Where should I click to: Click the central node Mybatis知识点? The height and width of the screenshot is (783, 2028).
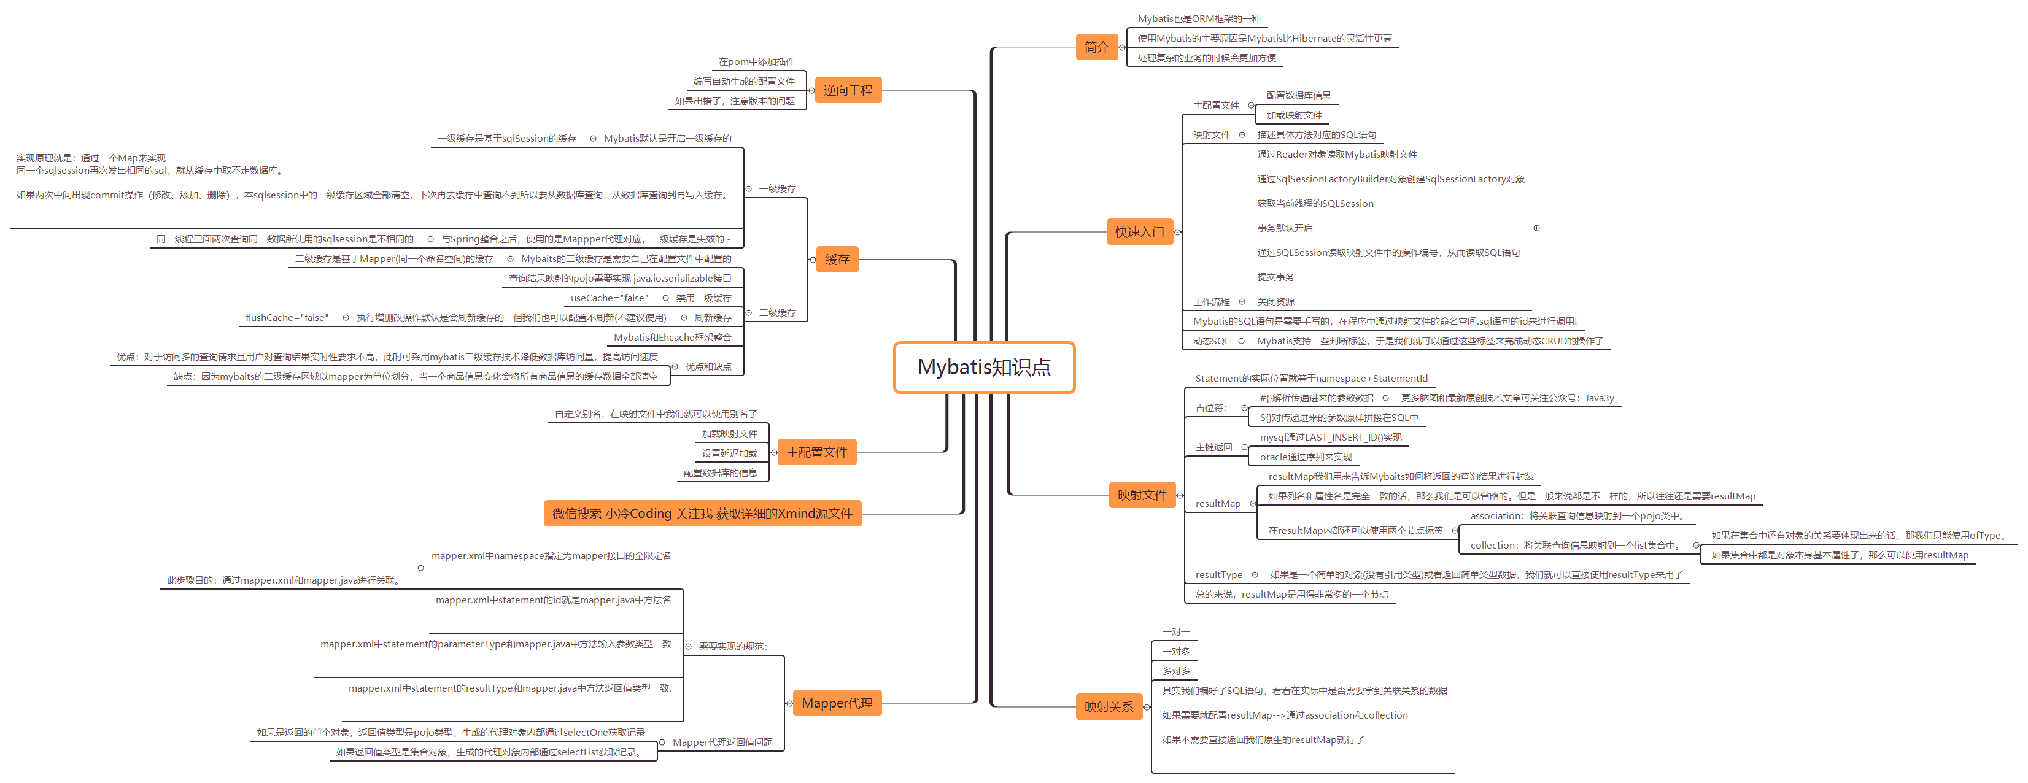tap(983, 368)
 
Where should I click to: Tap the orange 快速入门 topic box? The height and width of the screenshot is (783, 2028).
tap(1139, 232)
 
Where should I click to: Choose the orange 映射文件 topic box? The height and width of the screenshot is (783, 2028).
tap(1142, 495)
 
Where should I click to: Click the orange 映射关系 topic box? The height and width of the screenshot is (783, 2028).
tap(1109, 707)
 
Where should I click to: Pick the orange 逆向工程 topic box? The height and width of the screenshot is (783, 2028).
tap(847, 90)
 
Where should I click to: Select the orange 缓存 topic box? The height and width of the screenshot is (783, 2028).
tap(836, 260)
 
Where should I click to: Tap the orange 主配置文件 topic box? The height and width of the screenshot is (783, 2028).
tap(816, 452)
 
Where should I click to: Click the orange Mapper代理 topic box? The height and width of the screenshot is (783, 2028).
tap(836, 703)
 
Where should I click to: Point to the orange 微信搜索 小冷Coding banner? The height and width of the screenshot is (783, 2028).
tap(702, 514)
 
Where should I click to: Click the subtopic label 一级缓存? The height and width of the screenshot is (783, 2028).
tap(777, 189)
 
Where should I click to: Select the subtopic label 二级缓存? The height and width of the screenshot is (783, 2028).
tap(777, 313)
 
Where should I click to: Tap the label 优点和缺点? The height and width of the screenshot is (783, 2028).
tap(708, 367)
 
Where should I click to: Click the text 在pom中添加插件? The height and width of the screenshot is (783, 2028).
tap(756, 62)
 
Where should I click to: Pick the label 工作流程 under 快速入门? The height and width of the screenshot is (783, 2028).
tap(1211, 302)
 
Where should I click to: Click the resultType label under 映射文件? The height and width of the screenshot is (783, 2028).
tap(1218, 575)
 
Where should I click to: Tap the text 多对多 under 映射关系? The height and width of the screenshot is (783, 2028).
tap(1175, 671)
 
